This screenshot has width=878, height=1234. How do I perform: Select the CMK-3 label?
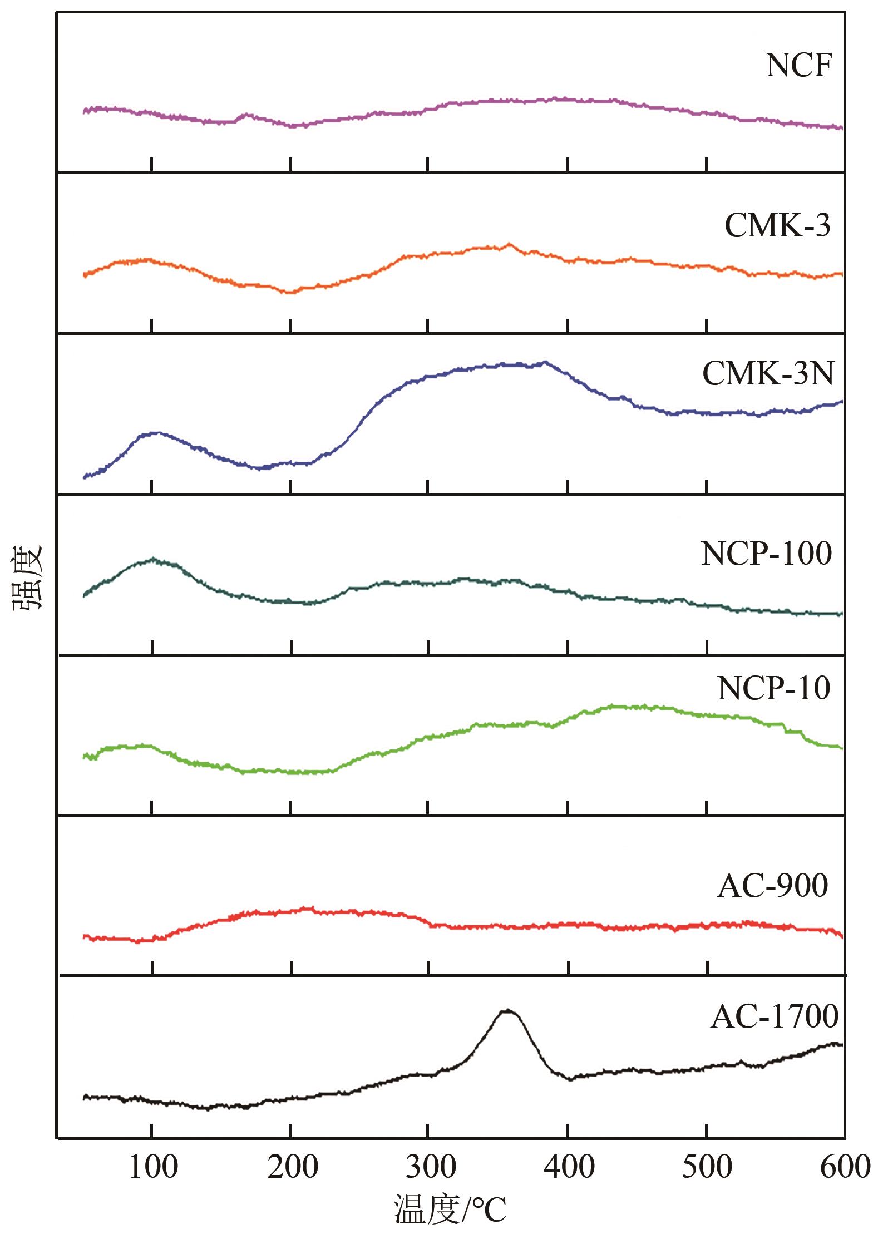point(777,226)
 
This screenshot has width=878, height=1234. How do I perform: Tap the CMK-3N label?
point(768,374)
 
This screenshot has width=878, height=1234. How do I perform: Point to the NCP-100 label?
point(766,554)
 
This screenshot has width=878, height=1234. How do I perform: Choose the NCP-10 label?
point(773,688)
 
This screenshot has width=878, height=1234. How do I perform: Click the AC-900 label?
point(772,886)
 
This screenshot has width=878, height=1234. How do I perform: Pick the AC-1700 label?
point(775,1017)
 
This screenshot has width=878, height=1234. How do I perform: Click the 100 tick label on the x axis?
point(153,1167)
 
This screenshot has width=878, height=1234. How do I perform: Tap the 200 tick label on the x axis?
point(292,1167)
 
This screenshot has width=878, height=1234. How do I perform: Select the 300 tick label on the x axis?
point(430,1167)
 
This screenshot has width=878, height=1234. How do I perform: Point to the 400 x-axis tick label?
point(569,1167)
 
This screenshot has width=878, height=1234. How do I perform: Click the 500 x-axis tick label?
point(707,1167)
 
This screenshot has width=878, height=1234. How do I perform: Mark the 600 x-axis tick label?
point(845,1167)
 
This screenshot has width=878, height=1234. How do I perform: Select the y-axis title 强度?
point(28,579)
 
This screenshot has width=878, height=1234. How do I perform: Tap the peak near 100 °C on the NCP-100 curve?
point(153,560)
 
